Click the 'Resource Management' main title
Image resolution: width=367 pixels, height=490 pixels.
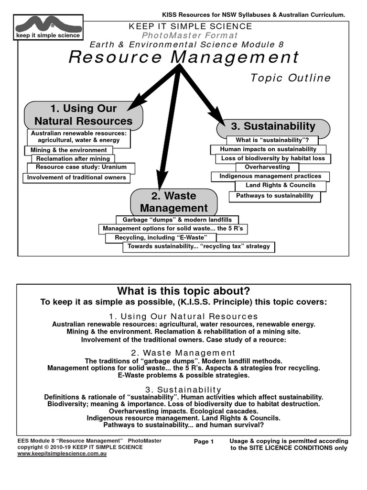click(x=184, y=57)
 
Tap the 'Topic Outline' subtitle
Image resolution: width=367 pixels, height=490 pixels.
click(x=291, y=78)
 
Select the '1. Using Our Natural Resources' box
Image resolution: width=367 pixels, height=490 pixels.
click(x=84, y=115)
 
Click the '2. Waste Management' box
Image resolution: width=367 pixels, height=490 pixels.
click(x=174, y=202)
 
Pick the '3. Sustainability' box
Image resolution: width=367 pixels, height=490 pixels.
click(x=273, y=127)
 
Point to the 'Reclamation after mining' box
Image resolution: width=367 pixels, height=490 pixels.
click(x=73, y=159)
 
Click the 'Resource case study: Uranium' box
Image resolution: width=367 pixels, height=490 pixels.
click(x=81, y=168)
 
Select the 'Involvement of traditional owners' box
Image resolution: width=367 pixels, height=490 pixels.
click(x=76, y=178)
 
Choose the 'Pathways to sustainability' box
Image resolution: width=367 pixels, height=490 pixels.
click(x=275, y=196)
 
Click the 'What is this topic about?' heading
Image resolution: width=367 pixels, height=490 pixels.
click(x=183, y=291)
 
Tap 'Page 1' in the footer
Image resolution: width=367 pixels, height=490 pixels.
click(x=204, y=442)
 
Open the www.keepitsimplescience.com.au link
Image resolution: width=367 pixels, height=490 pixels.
click(x=62, y=454)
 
